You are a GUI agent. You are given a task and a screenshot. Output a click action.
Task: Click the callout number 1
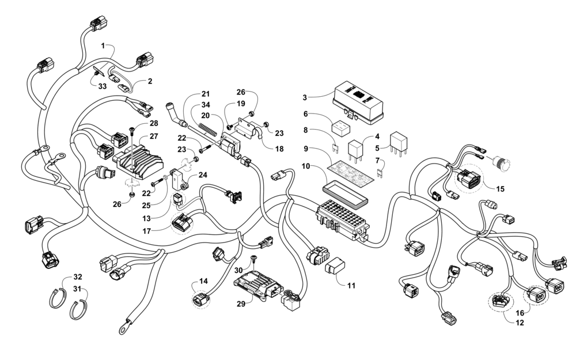103,46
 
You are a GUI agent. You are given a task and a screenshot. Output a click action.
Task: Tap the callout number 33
102,86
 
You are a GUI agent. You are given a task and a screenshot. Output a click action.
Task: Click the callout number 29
241,304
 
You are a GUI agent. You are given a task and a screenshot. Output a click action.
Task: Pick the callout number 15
501,189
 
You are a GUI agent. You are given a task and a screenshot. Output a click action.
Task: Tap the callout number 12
520,323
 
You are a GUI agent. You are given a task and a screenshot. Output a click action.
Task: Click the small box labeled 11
335,266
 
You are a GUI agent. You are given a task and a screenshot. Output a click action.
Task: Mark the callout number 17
147,231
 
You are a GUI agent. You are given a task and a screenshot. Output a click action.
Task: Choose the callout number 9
306,149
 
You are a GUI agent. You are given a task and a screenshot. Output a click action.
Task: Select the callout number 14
203,281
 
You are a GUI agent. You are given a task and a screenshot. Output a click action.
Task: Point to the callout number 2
150,81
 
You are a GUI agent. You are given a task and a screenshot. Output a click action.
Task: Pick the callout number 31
77,289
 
